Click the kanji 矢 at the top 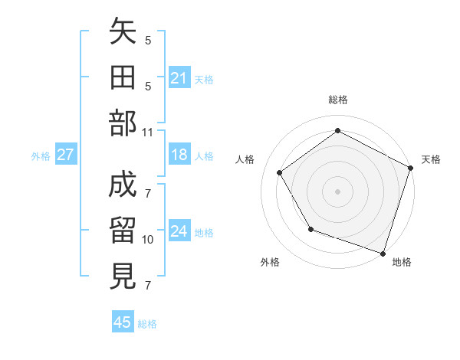(x=123, y=35)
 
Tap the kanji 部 (x=123, y=122)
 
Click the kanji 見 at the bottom (x=123, y=275)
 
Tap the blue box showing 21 (x=179, y=77)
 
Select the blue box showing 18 (x=179, y=155)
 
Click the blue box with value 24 (x=179, y=231)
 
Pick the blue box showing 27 (x=66, y=155)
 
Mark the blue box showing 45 (x=123, y=322)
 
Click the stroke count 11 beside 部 (x=148, y=131)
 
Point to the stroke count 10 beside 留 (x=148, y=240)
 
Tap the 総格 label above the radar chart (x=337, y=100)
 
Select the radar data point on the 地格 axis (x=383, y=253)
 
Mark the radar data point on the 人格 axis (x=279, y=172)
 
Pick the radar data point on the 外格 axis (x=310, y=229)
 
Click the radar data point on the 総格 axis (x=337, y=131)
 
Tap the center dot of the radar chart (x=337, y=191)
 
